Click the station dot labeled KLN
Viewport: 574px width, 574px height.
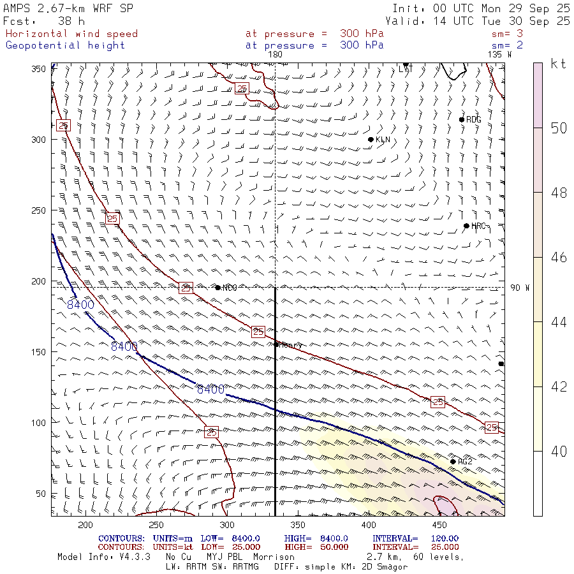coord(371,140)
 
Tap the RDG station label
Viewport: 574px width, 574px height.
coord(474,120)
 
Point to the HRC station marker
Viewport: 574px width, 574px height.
coord(466,226)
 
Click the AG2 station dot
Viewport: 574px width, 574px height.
coord(453,462)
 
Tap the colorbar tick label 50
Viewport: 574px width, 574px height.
coord(559,128)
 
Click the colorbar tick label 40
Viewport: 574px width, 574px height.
coord(559,452)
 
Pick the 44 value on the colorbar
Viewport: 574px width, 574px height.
coord(559,322)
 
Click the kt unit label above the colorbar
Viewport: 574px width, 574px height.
coord(559,64)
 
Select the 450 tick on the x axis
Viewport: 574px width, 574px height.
coord(438,525)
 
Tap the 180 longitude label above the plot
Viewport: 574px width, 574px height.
coord(275,55)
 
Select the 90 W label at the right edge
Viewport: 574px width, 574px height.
coord(520,288)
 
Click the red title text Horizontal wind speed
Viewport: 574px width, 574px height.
coord(71,34)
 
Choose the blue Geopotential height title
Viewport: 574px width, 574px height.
coord(65,45)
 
